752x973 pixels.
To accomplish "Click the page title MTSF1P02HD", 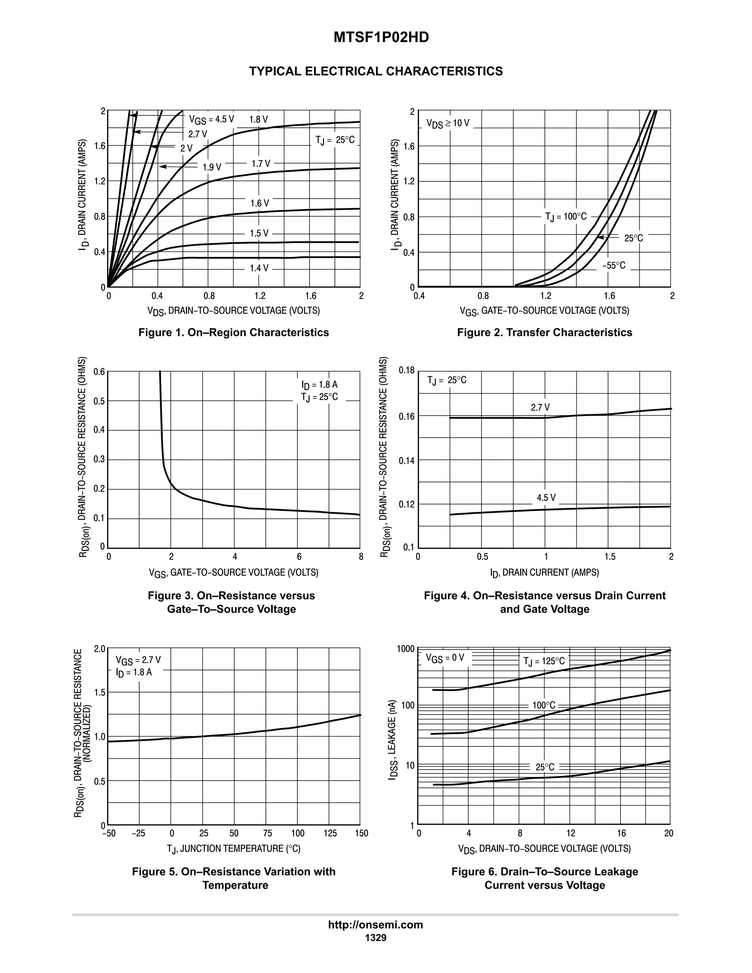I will pyautogui.click(x=381, y=37).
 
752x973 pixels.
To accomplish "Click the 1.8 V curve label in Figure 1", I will pyautogui.click(x=258, y=119).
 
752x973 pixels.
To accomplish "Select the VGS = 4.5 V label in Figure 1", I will pyautogui.click(x=211, y=119).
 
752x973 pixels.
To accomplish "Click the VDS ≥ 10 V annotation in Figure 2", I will pyautogui.click(x=447, y=123).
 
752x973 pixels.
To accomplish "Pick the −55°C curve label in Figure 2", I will pyautogui.click(x=614, y=265).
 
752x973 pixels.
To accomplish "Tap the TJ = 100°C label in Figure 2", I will pyautogui.click(x=566, y=217).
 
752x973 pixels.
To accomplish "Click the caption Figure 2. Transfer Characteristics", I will pyautogui.click(x=545, y=332).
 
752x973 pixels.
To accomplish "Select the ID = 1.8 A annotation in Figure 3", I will pyautogui.click(x=319, y=384).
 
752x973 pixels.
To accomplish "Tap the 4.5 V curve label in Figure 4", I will pyautogui.click(x=546, y=498).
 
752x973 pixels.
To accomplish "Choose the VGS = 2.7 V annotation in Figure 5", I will pyautogui.click(x=138, y=660).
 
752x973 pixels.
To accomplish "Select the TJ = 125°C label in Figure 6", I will pyautogui.click(x=544, y=662).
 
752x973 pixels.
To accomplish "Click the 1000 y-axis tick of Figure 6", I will pyautogui.click(x=405, y=649).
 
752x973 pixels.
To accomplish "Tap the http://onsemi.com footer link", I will pyautogui.click(x=375, y=925).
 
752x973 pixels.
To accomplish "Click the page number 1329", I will pyautogui.click(x=376, y=938).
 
